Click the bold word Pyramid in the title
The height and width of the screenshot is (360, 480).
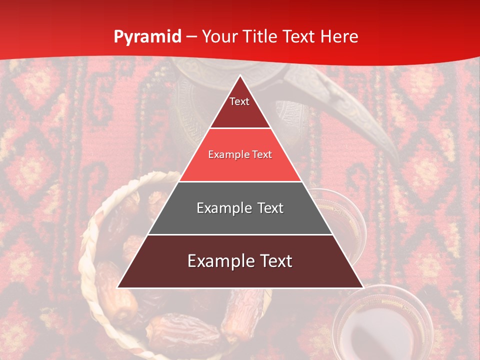pyautogui.click(x=147, y=37)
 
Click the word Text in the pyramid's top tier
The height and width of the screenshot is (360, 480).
pyautogui.click(x=239, y=101)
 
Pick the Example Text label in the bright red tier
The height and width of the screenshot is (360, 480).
pyautogui.click(x=240, y=154)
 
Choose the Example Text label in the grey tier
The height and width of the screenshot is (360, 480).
pyautogui.click(x=240, y=208)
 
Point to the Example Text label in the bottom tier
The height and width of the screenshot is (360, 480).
pyautogui.click(x=240, y=261)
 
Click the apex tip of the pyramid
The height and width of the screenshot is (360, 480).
pyautogui.click(x=240, y=76)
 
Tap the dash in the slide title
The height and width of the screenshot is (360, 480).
pyautogui.click(x=191, y=37)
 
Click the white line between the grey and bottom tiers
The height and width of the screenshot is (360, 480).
pyautogui.click(x=240, y=234)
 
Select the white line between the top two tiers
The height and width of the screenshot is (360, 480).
pyautogui.click(x=240, y=128)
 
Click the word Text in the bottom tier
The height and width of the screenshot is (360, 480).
pyautogui.click(x=273, y=261)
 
